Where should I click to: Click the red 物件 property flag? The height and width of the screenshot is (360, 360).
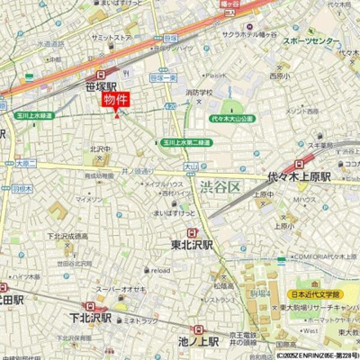click(117, 100)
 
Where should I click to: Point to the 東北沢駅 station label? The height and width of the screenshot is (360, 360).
click(191, 244)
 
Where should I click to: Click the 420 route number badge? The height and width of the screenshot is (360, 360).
click(194, 105)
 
